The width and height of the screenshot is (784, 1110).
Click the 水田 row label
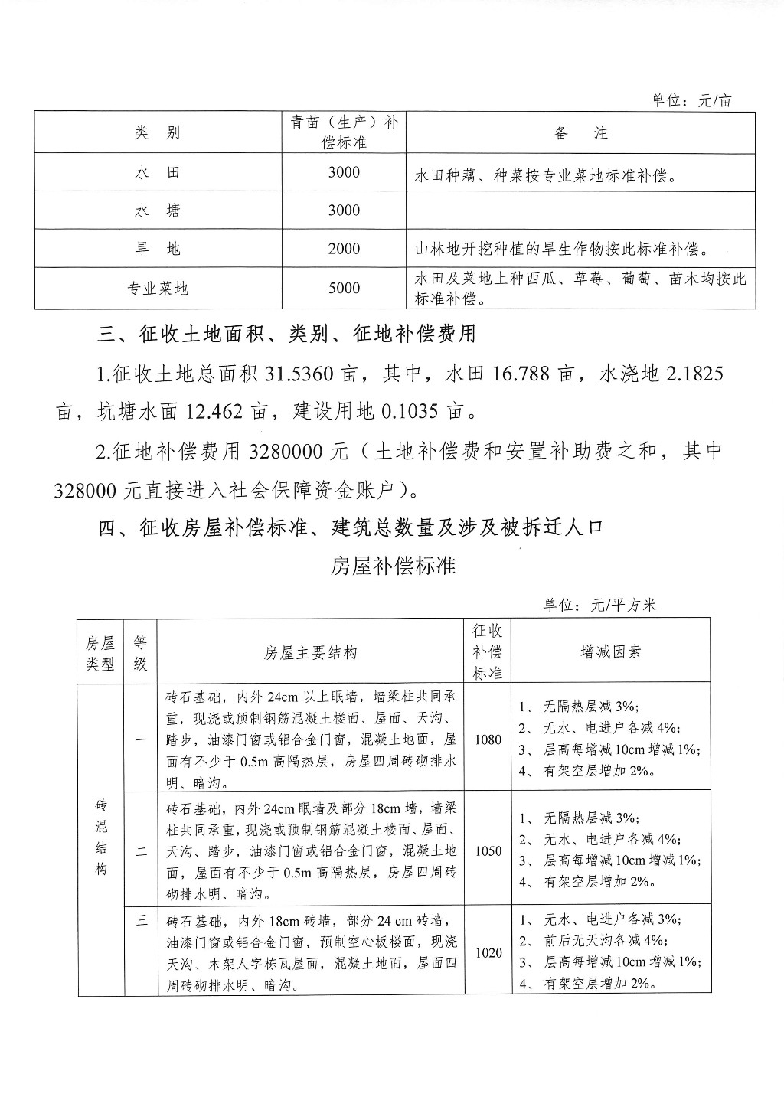pyautogui.click(x=157, y=173)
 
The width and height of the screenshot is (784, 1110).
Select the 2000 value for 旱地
pyautogui.click(x=344, y=250)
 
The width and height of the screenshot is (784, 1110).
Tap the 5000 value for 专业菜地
pyautogui.click(x=344, y=289)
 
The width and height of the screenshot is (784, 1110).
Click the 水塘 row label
pyautogui.click(x=157, y=211)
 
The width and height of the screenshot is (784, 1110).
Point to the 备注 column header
pyautogui.click(x=580, y=133)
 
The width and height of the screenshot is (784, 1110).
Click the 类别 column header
pyautogui.click(x=157, y=133)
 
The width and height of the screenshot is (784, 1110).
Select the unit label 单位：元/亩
pyautogui.click(x=691, y=100)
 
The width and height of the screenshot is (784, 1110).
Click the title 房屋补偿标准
pyautogui.click(x=394, y=566)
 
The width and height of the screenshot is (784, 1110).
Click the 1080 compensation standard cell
pyautogui.click(x=488, y=739)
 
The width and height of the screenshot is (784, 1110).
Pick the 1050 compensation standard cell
pyautogui.click(x=488, y=850)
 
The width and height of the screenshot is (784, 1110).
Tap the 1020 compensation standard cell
pyautogui.click(x=488, y=953)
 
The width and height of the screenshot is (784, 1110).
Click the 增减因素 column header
pyautogui.click(x=610, y=652)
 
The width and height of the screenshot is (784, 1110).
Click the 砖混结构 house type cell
pyautogui.click(x=101, y=838)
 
